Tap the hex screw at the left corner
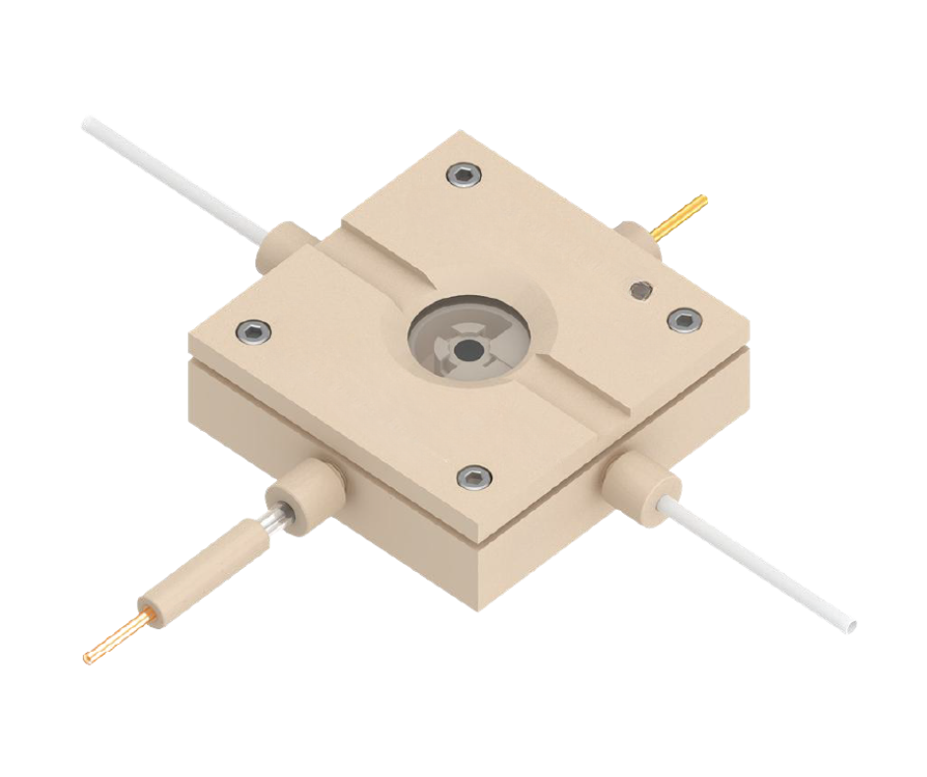pyautogui.click(x=254, y=331)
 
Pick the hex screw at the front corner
pyautogui.click(x=474, y=477)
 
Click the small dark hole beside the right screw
pyautogui.click(x=641, y=289)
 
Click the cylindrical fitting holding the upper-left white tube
pyautogui.click(x=282, y=246)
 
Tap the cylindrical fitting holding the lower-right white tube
pyautogui.click(x=642, y=481)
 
